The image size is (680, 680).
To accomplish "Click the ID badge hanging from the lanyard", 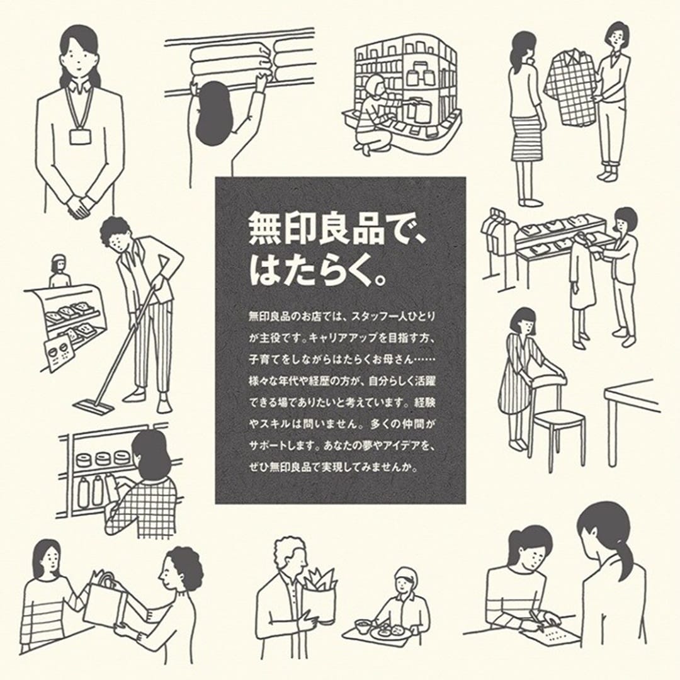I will click(80, 136).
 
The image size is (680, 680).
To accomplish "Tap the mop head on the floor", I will click(94, 406).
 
